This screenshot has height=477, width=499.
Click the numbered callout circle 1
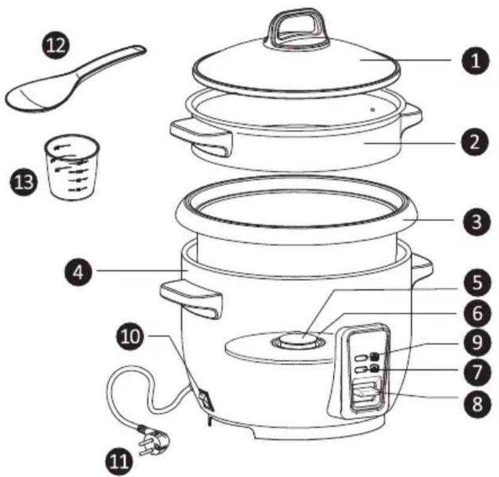(476, 61)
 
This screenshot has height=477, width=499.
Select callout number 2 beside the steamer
(474, 142)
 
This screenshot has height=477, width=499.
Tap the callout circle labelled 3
(476, 221)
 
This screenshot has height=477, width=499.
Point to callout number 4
(79, 272)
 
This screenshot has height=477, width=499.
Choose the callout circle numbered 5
(477, 283)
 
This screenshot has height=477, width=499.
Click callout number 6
(477, 313)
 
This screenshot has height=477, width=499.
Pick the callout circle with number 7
(477, 371)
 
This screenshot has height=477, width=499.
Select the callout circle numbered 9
(477, 343)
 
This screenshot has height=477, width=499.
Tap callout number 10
(131, 336)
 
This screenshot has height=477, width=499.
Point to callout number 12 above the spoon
(56, 45)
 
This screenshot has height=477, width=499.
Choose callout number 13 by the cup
(23, 182)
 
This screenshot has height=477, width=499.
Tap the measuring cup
(72, 167)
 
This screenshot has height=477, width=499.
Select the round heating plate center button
(299, 338)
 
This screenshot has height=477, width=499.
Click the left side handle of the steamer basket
(201, 136)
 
